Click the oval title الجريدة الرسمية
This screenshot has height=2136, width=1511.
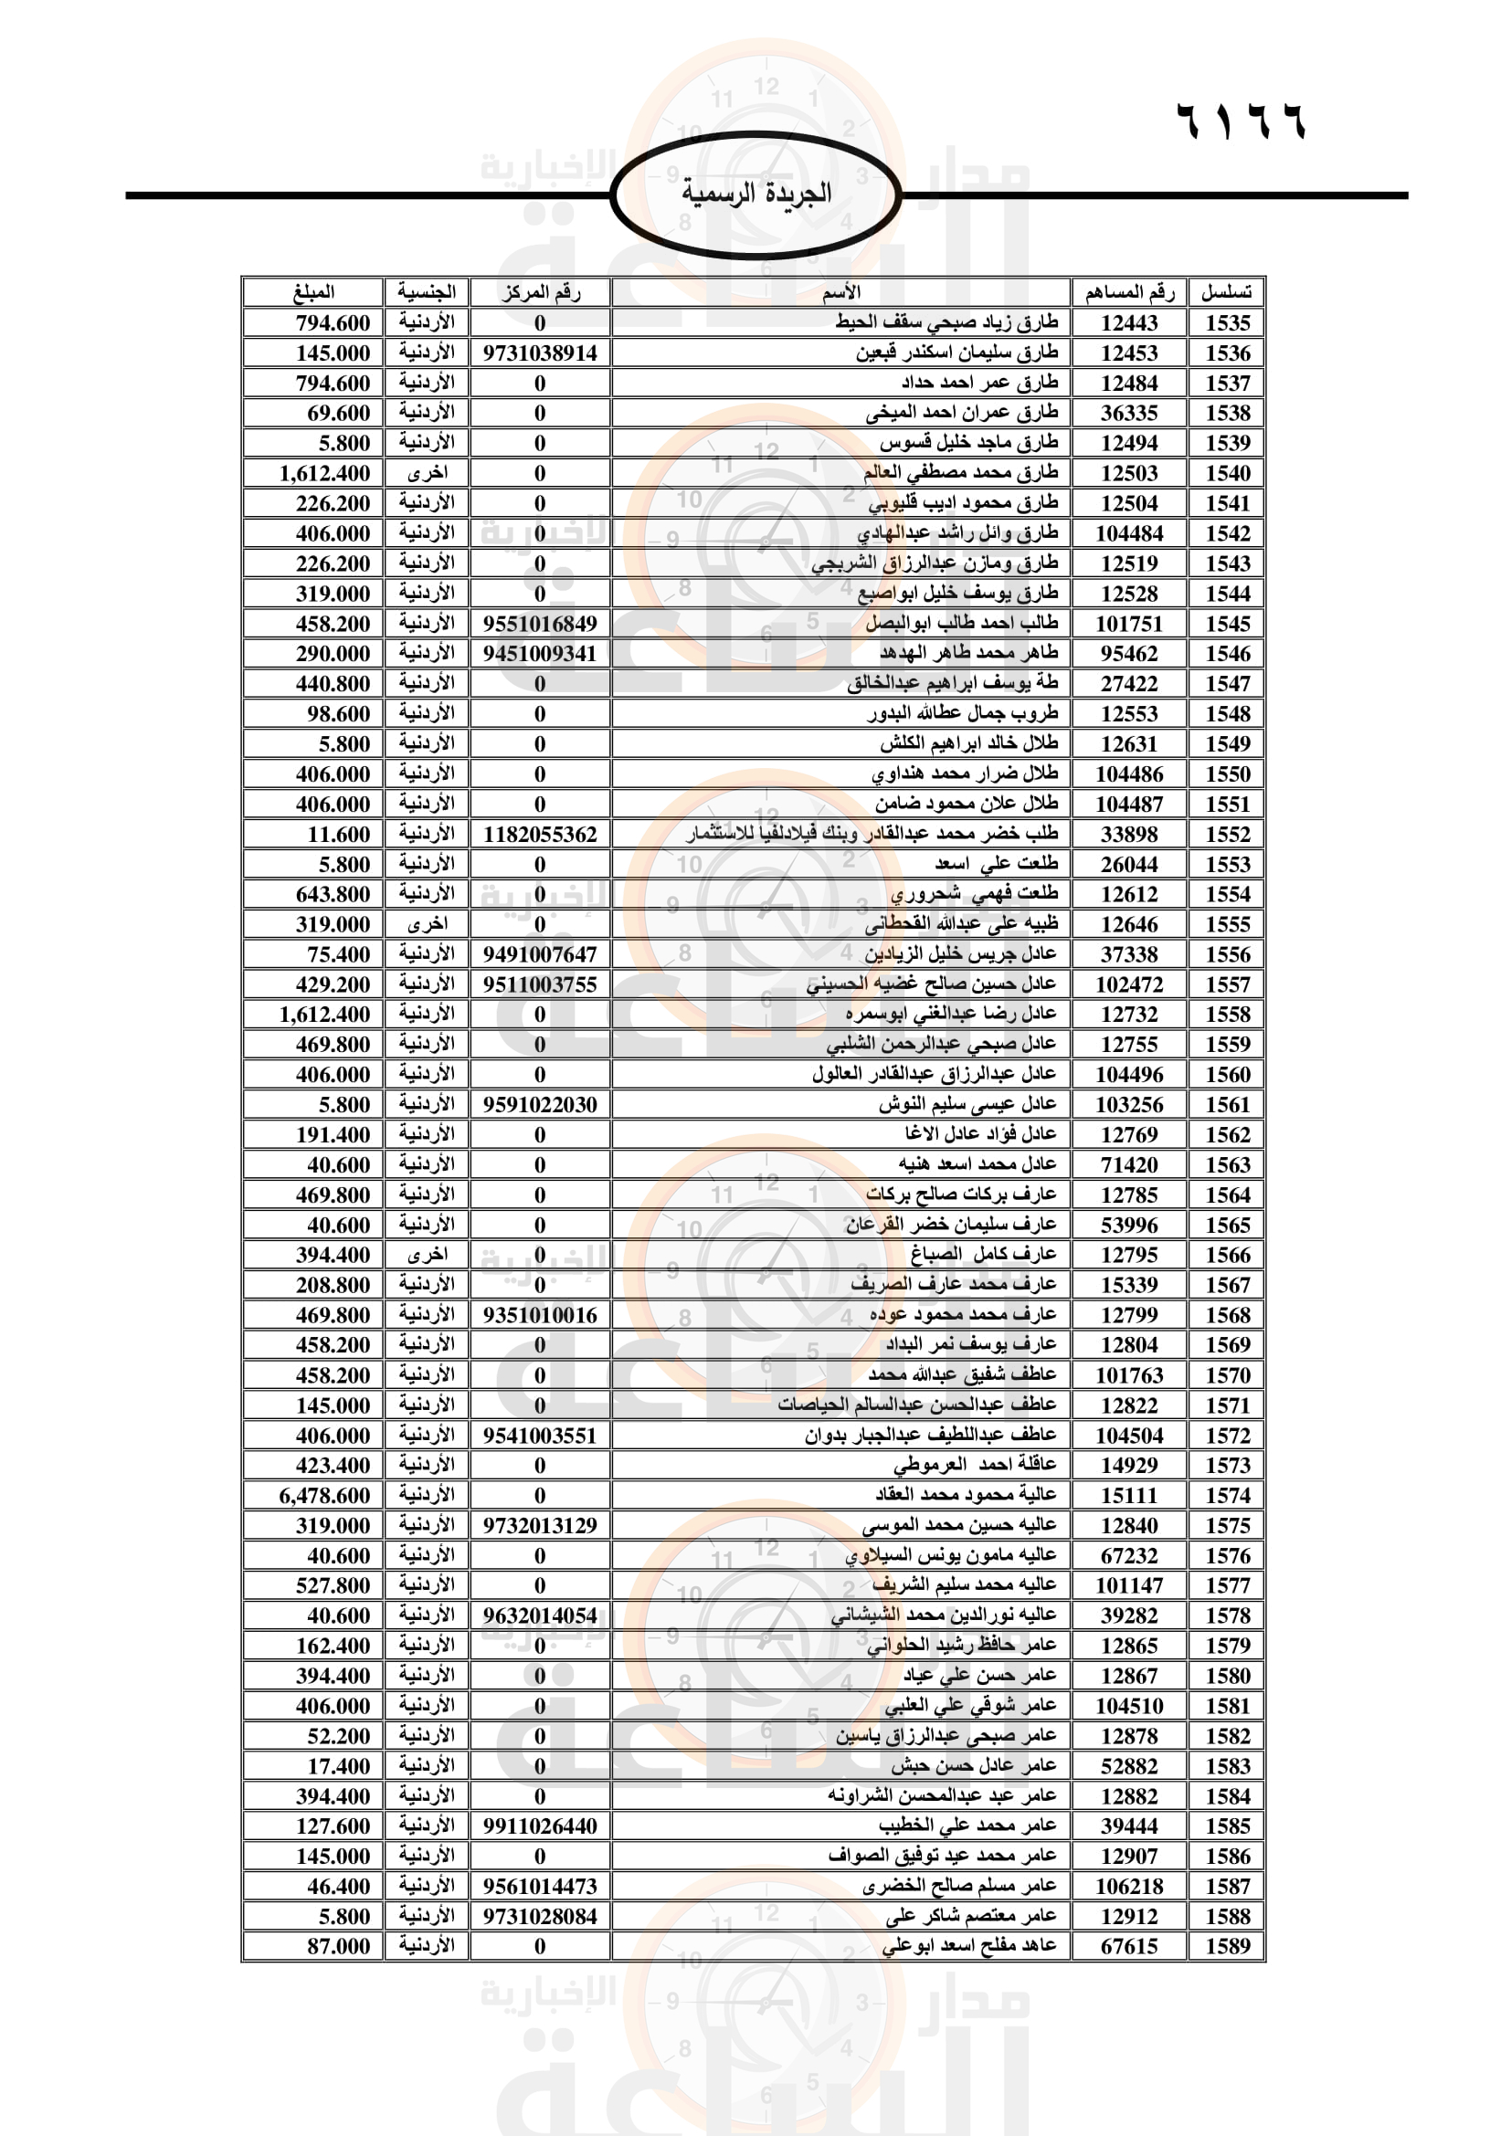[755, 195]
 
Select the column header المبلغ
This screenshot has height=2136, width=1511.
[313, 292]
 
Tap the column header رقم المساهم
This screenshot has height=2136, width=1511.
[1128, 293]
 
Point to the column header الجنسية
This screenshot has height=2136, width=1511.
[426, 292]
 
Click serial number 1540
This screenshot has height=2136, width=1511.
[1227, 474]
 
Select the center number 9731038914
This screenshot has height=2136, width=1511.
[540, 353]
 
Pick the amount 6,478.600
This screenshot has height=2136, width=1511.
[324, 1496]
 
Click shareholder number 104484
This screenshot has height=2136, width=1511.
[1128, 534]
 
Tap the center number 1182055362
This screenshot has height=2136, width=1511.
[540, 835]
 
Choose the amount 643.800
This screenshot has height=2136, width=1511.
[333, 895]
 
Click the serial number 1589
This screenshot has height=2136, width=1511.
[1227, 1946]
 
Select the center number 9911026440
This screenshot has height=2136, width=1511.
[540, 1826]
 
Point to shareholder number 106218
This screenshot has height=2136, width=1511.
[1128, 1887]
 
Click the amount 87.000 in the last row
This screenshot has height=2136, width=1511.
[339, 1946]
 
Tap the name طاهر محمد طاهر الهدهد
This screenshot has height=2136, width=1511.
[968, 653]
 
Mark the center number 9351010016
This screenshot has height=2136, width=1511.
[540, 1315]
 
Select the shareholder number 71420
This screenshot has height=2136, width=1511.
[1128, 1164]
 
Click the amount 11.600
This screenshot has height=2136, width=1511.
[339, 835]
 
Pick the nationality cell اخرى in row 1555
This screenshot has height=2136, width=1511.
[427, 925]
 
